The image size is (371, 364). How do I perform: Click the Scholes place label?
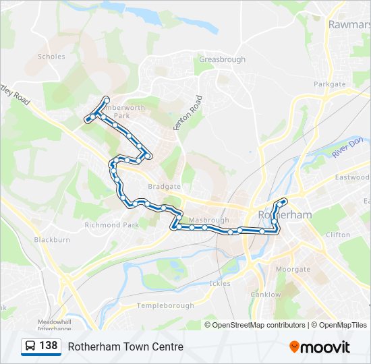tap(51, 57)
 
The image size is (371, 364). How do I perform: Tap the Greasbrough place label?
tap(221, 59)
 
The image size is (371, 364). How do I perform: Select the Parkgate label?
tap(329, 84)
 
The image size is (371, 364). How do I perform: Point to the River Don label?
tap(347, 148)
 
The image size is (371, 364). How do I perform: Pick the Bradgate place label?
tap(164, 186)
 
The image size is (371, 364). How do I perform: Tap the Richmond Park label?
tap(111, 225)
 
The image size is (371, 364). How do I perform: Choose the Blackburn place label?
tap(52, 239)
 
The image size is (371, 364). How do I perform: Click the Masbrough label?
tap(209, 220)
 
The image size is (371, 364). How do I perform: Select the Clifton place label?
tap(338, 235)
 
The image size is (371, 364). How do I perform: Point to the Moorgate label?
tap(293, 269)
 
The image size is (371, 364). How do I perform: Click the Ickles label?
tap(220, 283)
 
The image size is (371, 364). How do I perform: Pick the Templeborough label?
tap(165, 305)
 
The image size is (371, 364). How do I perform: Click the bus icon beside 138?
tap(30, 346)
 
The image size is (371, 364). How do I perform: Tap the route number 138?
tap(48, 346)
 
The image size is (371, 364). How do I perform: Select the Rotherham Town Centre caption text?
tap(125, 347)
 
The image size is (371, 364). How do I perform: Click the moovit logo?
tap(320, 347)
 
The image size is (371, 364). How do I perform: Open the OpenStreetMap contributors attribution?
tap(258, 325)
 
